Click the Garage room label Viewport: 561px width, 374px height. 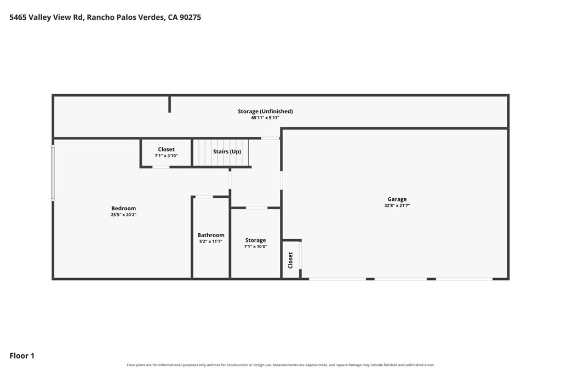tap(397, 199)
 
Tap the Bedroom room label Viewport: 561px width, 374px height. tap(123, 208)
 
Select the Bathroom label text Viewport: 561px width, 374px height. tap(211, 235)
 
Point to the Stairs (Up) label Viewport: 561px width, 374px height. tap(227, 152)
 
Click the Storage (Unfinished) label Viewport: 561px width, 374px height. tap(265, 111)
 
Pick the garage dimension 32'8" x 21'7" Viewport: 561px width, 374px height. tap(397, 205)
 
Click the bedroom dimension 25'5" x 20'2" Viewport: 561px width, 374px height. tap(123, 215)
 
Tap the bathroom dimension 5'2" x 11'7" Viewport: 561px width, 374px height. tap(211, 241)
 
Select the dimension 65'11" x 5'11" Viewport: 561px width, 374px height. tap(265, 118)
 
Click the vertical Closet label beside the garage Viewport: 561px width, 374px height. tap(290, 260)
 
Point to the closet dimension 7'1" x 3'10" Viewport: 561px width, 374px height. tap(166, 156)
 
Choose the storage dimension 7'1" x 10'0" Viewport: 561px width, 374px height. tap(255, 247)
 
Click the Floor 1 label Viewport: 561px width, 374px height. tap(22, 356)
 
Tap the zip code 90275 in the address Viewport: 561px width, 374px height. tap(190, 17)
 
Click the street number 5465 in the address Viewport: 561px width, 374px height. tap(18, 17)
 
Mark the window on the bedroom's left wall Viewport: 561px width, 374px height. tap(53, 172)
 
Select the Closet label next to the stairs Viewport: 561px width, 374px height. tap(166, 149)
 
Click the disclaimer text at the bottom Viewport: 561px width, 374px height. tap(280, 365)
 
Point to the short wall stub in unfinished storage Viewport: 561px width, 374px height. tap(170, 104)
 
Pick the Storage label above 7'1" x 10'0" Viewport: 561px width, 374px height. tap(255, 240)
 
